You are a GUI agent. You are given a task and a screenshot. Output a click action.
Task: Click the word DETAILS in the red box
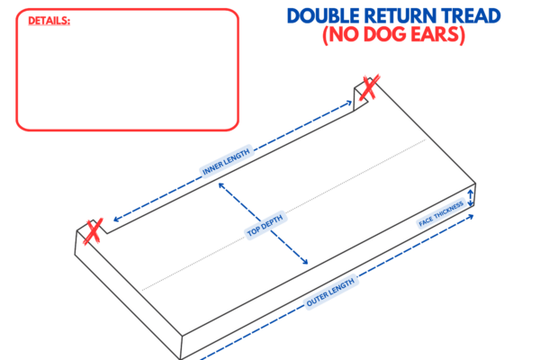tap(49, 20)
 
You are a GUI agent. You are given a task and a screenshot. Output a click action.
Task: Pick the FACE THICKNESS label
tap(441, 215)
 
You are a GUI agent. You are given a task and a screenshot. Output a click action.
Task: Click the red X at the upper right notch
tap(368, 88)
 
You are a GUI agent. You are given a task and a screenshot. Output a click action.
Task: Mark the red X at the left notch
tap(93, 230)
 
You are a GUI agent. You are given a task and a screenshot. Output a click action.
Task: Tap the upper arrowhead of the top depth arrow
tap(220, 190)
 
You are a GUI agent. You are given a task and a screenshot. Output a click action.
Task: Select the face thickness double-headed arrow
tap(469, 199)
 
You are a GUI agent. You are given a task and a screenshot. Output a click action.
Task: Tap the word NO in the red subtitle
tap(353, 35)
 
